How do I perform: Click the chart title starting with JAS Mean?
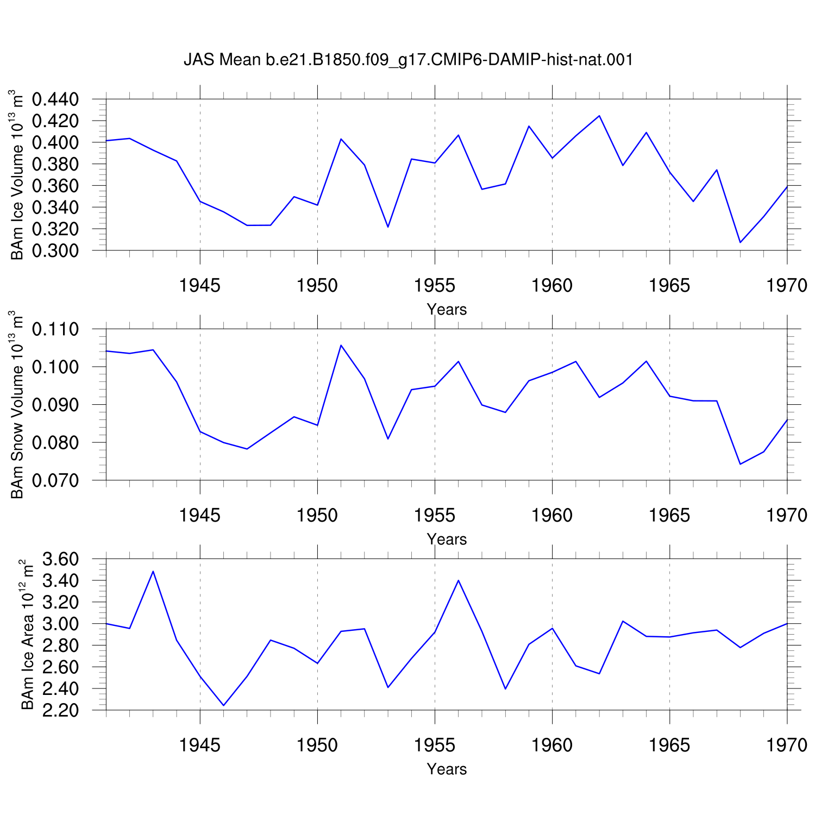pos(409,59)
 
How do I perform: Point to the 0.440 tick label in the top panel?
pos(55,99)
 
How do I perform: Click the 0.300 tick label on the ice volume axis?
pos(55,251)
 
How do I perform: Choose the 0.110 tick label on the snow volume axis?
pos(55,329)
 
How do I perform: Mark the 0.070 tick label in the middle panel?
pos(55,480)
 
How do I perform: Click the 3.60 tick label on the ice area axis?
pos(60,559)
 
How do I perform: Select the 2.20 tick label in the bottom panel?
pos(60,711)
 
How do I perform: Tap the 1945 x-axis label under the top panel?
pos(200,286)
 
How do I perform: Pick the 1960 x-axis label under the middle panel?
pos(552,516)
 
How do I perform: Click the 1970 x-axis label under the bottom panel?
pos(787,745)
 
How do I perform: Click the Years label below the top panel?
pos(447,310)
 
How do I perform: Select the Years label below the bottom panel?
pos(447,769)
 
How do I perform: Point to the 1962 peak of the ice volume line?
pos(599,116)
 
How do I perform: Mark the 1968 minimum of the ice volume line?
pos(740,242)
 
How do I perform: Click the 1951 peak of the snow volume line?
pos(341,345)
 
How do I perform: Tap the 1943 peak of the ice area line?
pos(153,571)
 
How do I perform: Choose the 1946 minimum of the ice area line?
pos(223,706)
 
